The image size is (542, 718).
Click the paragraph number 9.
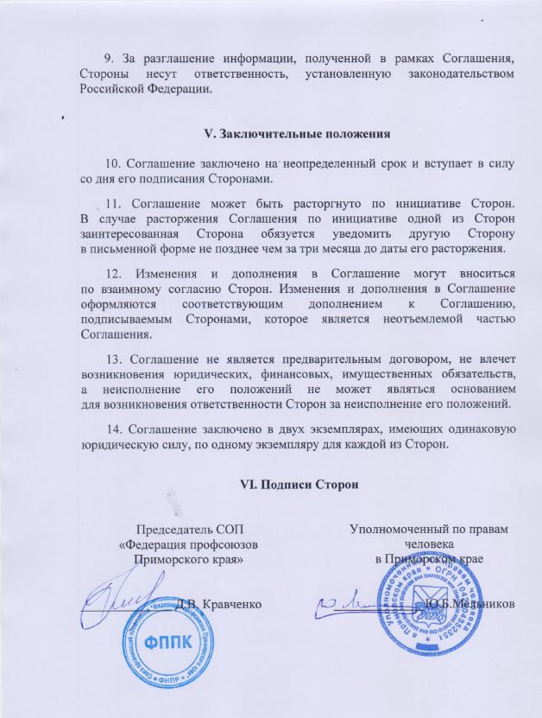pos(108,58)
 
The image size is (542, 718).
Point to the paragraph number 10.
pos(112,163)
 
